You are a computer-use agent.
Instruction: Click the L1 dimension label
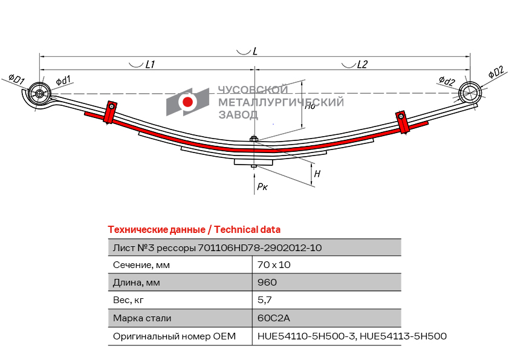pyautogui.click(x=150, y=64)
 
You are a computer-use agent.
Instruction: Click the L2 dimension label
pyautogui.click(x=362, y=64)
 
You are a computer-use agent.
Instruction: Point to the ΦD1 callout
pyautogui.click(x=16, y=79)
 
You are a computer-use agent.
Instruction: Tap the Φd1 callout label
pyautogui.click(x=63, y=80)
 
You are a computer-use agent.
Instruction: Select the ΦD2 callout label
pyautogui.click(x=496, y=72)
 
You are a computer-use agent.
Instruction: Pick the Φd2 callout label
pyautogui.click(x=447, y=81)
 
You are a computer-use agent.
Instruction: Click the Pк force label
pyautogui.click(x=262, y=186)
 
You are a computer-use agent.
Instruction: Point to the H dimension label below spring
pyautogui.click(x=317, y=174)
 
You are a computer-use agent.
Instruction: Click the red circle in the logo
pyautogui.click(x=187, y=102)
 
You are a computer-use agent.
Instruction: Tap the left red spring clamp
pyautogui.click(x=110, y=112)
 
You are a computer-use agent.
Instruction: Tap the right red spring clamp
pyautogui.click(x=402, y=122)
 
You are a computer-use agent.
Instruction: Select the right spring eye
pyautogui.click(x=470, y=93)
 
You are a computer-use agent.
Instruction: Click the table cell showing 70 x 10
pyautogui.click(x=274, y=265)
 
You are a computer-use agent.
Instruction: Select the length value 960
pyautogui.click(x=267, y=283)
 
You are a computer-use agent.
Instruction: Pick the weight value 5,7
pyautogui.click(x=265, y=300)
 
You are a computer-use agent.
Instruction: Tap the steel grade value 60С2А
pyautogui.click(x=274, y=318)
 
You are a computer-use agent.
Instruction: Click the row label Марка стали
pyautogui.click(x=142, y=318)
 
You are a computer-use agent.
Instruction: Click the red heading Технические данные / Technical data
pyautogui.click(x=194, y=230)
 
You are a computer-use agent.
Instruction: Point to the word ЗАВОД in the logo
pyautogui.click(x=238, y=115)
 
